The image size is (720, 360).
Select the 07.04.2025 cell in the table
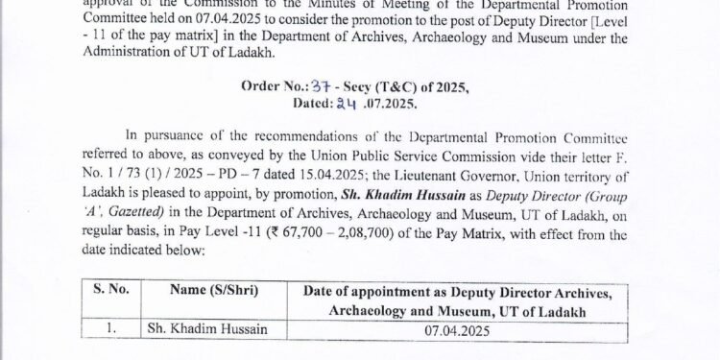coord(465,328)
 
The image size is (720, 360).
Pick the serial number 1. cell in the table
coord(112,328)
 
